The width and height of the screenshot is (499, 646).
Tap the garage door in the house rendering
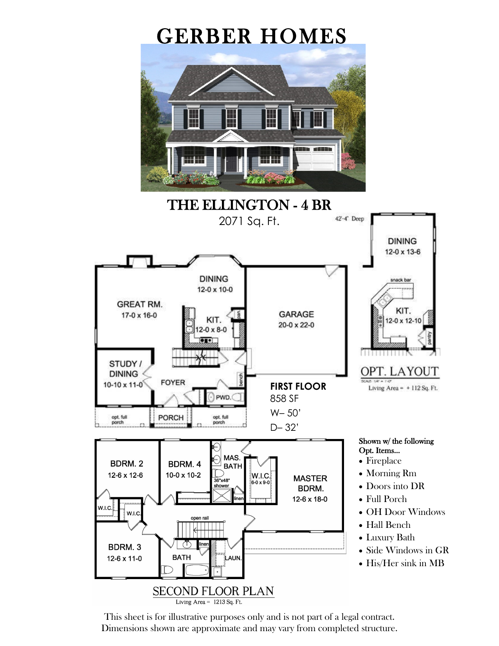pyautogui.click(x=315, y=159)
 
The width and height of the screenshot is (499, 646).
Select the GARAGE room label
pyautogui.click(x=296, y=314)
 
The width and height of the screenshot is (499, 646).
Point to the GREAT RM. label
pyautogui.click(x=139, y=304)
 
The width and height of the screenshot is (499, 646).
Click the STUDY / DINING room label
pyautogui.click(x=123, y=369)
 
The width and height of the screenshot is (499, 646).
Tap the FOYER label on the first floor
pyautogui.click(x=173, y=382)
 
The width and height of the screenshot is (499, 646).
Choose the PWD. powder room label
pyautogui.click(x=223, y=398)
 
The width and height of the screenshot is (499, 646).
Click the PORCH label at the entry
pyautogui.click(x=171, y=417)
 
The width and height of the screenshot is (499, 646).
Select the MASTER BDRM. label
pyautogui.click(x=310, y=483)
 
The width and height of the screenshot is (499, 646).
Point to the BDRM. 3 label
pyautogui.click(x=124, y=547)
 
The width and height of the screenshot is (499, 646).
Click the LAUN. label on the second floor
pyautogui.click(x=233, y=558)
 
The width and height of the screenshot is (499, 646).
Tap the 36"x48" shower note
pyautogui.click(x=222, y=483)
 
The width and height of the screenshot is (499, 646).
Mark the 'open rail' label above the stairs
pyautogui.click(x=200, y=518)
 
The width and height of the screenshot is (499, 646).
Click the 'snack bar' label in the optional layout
pyautogui.click(x=400, y=280)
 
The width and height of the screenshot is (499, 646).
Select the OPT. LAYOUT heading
pyautogui.click(x=399, y=371)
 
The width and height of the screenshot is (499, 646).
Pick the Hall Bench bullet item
pyautogui.click(x=388, y=525)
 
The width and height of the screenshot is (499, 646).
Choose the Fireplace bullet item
pyautogui.click(x=384, y=461)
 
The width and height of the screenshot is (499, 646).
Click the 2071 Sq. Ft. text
pyautogui.click(x=249, y=221)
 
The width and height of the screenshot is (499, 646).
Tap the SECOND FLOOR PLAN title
pyautogui.click(x=213, y=591)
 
